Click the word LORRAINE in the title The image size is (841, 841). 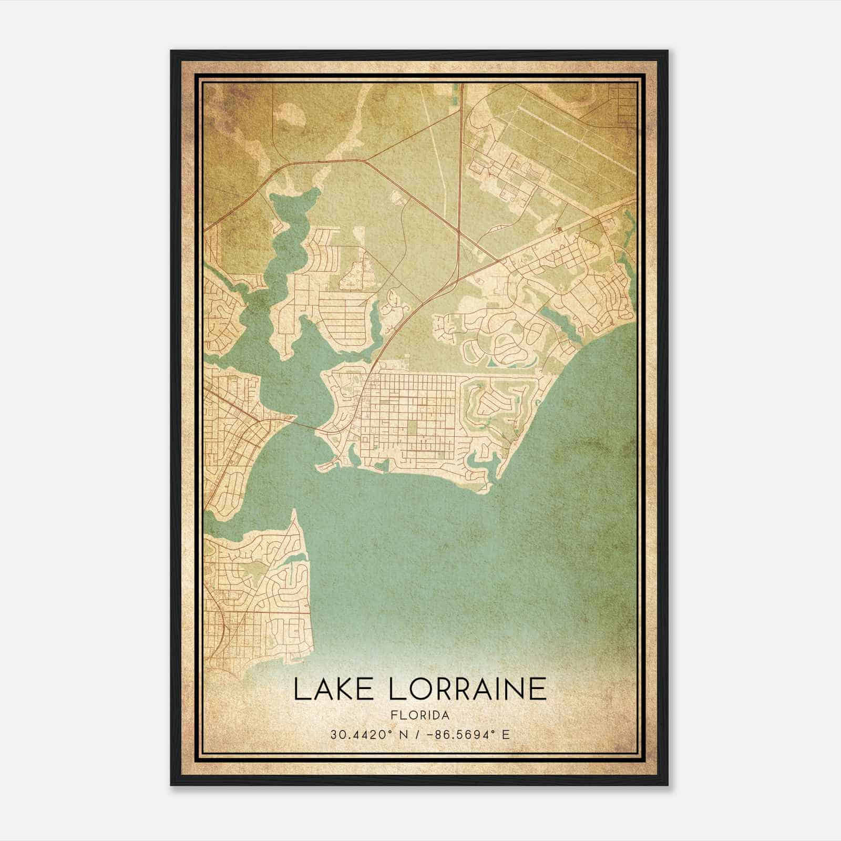point(468,689)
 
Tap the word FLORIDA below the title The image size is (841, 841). point(420,715)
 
